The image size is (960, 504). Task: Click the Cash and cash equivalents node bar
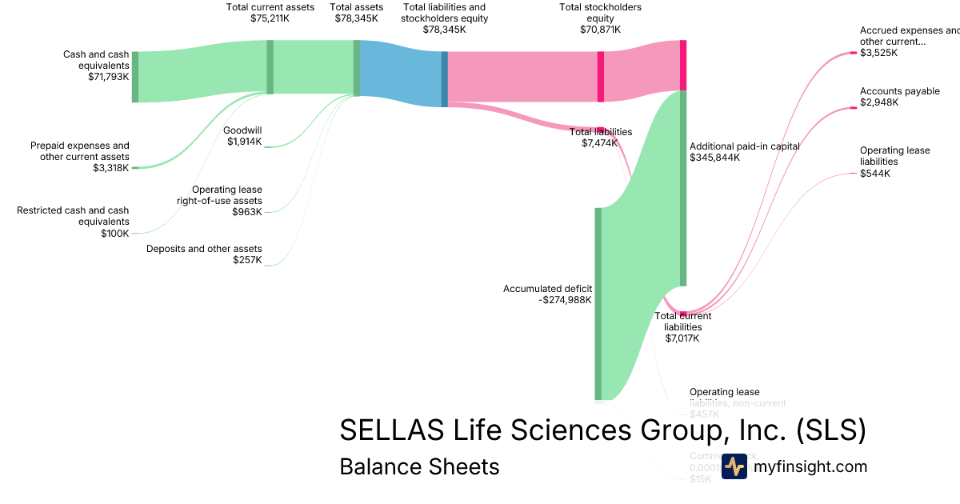coord(135,77)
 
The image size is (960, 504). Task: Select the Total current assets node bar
coord(270,67)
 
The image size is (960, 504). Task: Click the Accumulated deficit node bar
coord(598,303)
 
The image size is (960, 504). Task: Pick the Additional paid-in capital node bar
coord(682,188)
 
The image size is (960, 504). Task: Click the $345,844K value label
coord(714,158)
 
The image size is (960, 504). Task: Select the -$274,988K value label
coord(565,300)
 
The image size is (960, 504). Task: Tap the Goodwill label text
coord(242,130)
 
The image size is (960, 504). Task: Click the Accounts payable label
coord(899,91)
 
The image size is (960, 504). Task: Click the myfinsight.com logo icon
coord(734,466)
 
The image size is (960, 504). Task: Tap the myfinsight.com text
coord(810,466)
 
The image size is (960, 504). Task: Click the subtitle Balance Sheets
coord(419,466)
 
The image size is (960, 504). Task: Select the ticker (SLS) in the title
coord(831,430)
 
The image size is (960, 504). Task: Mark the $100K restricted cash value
coord(114,233)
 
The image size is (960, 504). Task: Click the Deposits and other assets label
coord(204,248)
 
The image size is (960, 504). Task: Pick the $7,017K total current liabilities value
coord(682,338)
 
